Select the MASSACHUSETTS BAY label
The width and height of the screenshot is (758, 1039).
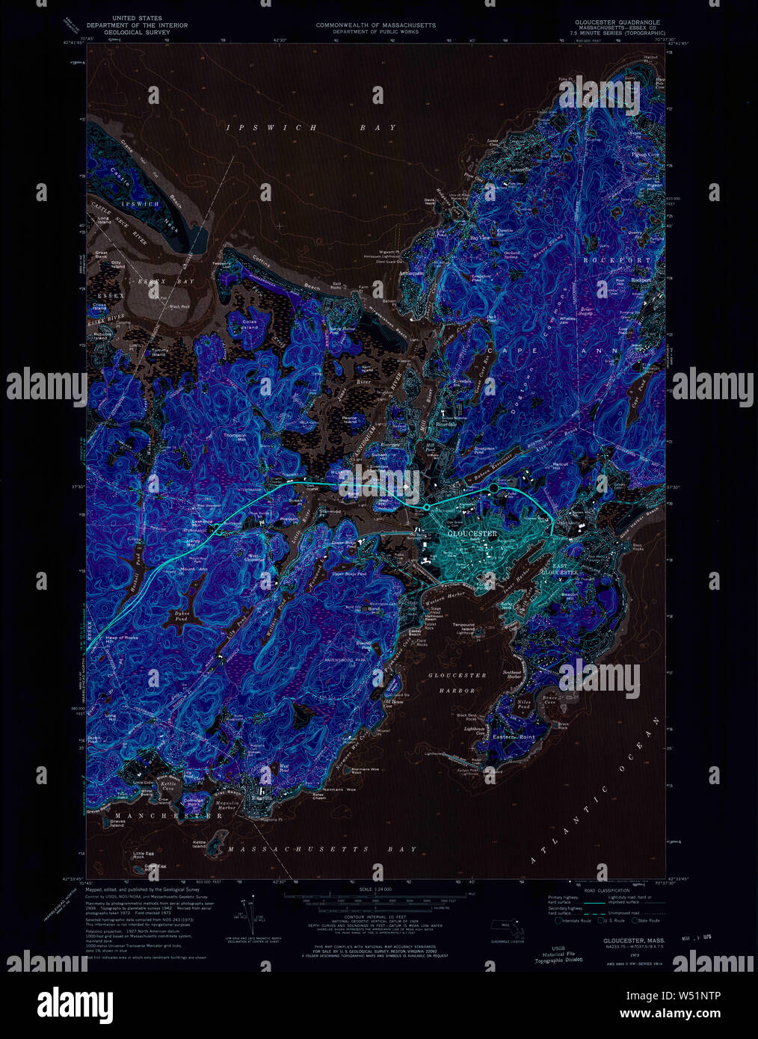pos(322,850)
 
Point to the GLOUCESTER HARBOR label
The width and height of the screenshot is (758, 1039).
pos(457,682)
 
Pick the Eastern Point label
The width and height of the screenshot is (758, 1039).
pos(514,737)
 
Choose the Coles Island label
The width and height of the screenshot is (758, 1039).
pos(250,324)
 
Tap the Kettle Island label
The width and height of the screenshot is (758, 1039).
pos(199,844)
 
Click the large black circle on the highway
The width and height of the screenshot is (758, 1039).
pos(493,489)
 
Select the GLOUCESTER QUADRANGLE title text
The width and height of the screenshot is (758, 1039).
pos(617,23)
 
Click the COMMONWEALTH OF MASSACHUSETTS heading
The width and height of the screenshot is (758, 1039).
pos(375,25)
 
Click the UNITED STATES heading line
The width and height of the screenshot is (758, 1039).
pos(136,18)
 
